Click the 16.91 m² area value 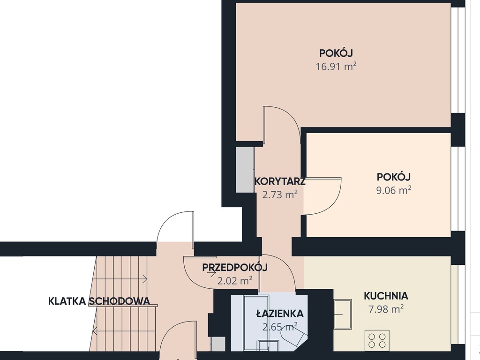[336, 67]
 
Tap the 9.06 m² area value [394, 190]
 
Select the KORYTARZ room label [280, 181]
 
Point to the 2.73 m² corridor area [280, 195]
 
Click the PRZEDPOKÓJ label [235, 267]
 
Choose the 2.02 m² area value [235, 280]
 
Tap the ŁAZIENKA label [280, 314]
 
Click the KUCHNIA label [386, 296]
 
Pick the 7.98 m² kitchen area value [386, 309]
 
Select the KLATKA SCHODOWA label [99, 301]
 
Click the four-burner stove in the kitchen [377, 340]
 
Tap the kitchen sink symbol [343, 314]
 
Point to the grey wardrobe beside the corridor [245, 170]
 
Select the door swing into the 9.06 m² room [322, 196]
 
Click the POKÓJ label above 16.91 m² [336, 53]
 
